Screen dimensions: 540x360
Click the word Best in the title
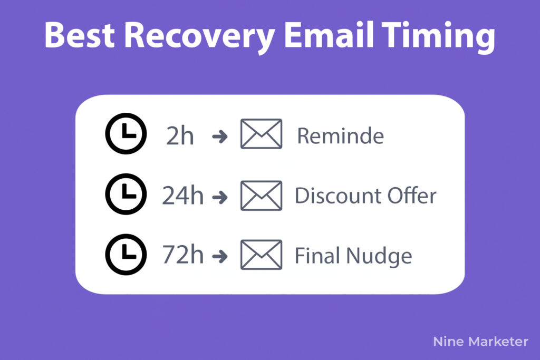pyautogui.click(x=80, y=35)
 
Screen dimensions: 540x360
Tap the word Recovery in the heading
pyautogui.click(x=199, y=37)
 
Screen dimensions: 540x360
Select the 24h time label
pyautogui.click(x=183, y=196)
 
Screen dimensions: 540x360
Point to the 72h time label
pyautogui.click(x=183, y=255)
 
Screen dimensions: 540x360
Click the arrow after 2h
pyautogui.click(x=220, y=137)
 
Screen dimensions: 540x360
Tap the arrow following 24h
pyautogui.click(x=220, y=197)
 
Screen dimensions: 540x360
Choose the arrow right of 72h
pyautogui.click(x=220, y=256)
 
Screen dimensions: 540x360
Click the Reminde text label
pyautogui.click(x=341, y=135)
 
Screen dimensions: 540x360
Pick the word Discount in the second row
pyautogui.click(x=338, y=196)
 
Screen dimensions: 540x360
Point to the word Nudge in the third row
pyautogui.click(x=379, y=256)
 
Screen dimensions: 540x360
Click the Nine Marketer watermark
pyautogui.click(x=481, y=342)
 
